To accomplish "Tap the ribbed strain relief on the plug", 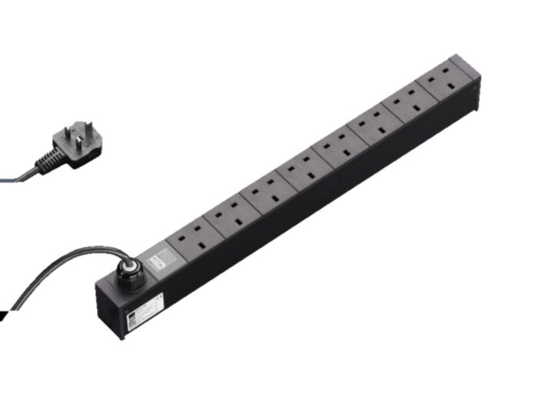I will pos(47,160).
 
